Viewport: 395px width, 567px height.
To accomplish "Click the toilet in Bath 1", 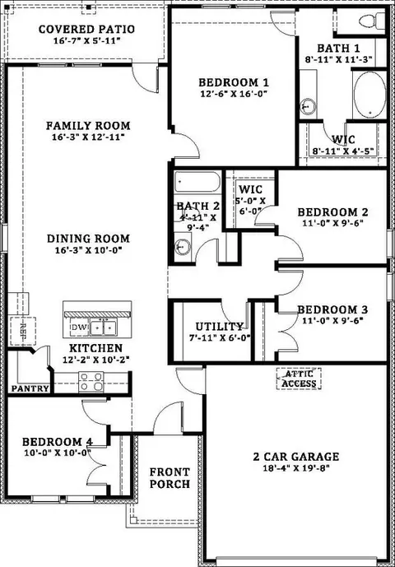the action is pyautogui.click(x=372, y=21).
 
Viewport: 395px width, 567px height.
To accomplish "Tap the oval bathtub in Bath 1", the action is pyautogui.click(x=369, y=95).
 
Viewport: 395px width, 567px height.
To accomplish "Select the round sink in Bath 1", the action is pyautogui.click(x=309, y=107).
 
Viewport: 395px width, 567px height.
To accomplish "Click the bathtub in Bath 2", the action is pyautogui.click(x=197, y=183).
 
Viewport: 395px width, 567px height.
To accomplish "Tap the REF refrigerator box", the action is pyautogui.click(x=23, y=332).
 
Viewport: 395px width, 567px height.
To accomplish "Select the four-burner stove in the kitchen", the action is pyautogui.click(x=91, y=382).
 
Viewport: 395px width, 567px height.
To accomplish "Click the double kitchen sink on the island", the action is pyautogui.click(x=102, y=328).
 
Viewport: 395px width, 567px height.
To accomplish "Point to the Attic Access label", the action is pyautogui.click(x=299, y=379).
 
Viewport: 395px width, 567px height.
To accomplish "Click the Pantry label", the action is pyautogui.click(x=30, y=388).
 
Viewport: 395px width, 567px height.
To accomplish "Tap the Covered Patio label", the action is pyautogui.click(x=86, y=29).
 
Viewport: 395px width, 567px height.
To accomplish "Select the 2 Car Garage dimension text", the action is pyautogui.click(x=296, y=468).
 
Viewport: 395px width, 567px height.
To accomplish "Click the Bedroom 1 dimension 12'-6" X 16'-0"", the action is pyautogui.click(x=234, y=94).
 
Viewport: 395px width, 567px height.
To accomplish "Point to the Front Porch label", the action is pyautogui.click(x=170, y=478).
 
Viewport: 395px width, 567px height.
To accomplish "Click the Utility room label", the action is pyautogui.click(x=219, y=327).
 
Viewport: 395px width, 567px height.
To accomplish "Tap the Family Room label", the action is pyautogui.click(x=88, y=125).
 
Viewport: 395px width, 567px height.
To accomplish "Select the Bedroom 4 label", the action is pyautogui.click(x=58, y=442).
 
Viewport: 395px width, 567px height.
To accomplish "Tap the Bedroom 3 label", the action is pyautogui.click(x=332, y=309).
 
